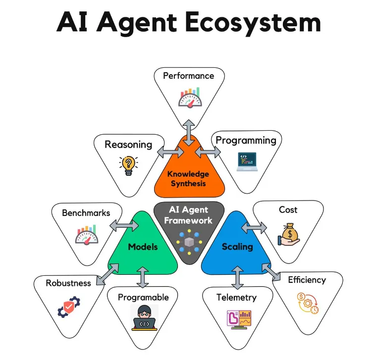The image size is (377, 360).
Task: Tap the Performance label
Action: (188, 76)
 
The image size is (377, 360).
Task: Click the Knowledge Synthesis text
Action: (188, 179)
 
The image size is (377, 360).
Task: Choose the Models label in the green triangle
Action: (143, 247)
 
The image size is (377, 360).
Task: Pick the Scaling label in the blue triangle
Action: (237, 247)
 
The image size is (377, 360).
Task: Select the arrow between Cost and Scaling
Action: (253, 228)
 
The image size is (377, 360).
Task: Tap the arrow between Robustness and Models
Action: (107, 274)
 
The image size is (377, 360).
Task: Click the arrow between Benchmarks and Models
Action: (123, 226)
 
